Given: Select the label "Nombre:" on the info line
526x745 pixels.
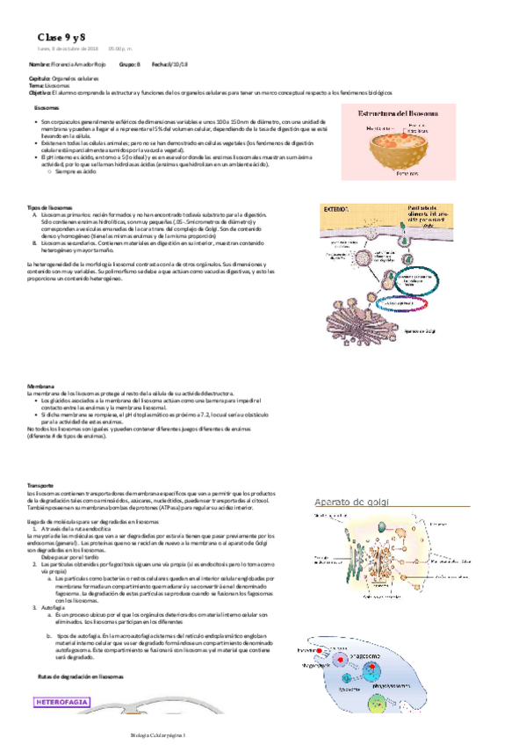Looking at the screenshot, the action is pos(39,65).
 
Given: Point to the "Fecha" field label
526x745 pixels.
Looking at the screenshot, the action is pos(160,65).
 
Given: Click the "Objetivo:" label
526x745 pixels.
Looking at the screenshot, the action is pos(40,91).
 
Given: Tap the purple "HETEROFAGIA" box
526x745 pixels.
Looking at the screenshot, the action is pos(65,702).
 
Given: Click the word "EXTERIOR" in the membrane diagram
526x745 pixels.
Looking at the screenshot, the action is pos(337,211).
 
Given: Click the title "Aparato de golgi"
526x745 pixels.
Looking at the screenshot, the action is pos(358,500).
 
